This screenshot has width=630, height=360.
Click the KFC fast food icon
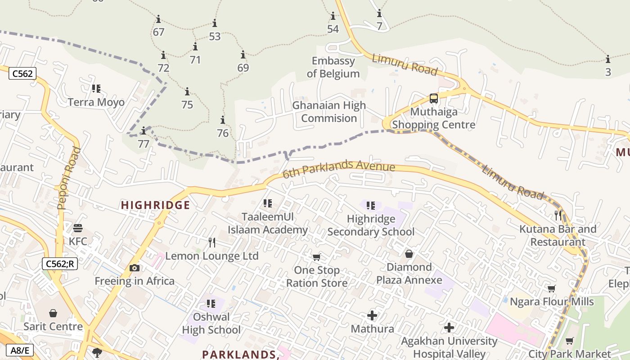click(x=78, y=228)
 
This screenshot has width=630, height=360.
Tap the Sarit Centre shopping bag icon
click(x=53, y=313)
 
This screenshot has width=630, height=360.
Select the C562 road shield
click(x=22, y=73)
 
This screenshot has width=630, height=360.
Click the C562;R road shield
click(x=60, y=264)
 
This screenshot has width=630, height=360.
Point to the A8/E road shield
click(x=21, y=350)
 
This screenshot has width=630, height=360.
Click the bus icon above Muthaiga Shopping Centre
click(x=433, y=99)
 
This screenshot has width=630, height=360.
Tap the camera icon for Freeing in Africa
click(x=134, y=268)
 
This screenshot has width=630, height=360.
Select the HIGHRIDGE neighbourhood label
click(x=155, y=205)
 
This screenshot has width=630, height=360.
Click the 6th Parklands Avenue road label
click(x=339, y=168)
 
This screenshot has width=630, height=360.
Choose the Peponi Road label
click(x=68, y=178)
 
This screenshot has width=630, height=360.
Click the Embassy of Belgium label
click(x=333, y=67)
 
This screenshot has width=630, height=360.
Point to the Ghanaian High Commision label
click(x=329, y=112)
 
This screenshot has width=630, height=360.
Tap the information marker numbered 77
click(x=144, y=131)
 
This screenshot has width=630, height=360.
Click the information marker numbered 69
click(x=243, y=55)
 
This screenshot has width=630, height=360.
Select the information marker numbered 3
click(x=608, y=59)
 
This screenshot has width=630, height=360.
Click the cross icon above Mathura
click(x=372, y=315)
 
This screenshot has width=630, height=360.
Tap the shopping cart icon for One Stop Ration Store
click(x=316, y=257)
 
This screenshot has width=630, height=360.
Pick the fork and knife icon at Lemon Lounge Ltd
click(x=212, y=243)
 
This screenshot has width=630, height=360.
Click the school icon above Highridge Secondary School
click(x=370, y=206)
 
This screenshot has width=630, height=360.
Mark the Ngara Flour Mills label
click(x=551, y=301)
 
